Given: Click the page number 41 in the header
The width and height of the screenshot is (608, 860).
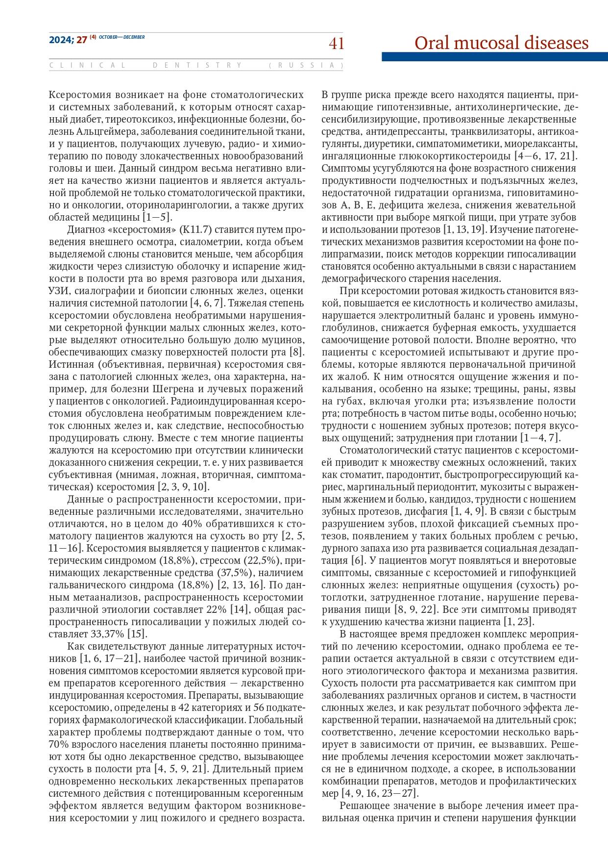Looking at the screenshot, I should pyautogui.click(x=336, y=44).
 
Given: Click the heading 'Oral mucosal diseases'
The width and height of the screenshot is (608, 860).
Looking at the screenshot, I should pyautogui.click(x=501, y=43).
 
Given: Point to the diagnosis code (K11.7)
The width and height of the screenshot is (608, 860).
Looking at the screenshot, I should pyautogui.click(x=195, y=229).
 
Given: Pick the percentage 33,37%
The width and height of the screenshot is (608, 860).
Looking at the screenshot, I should pyautogui.click(x=105, y=634).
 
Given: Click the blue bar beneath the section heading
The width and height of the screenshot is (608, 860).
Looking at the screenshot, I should pyautogui.click(x=495, y=57).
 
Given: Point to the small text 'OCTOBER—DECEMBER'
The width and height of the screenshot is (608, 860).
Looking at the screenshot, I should pyautogui.click(x=122, y=38).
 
